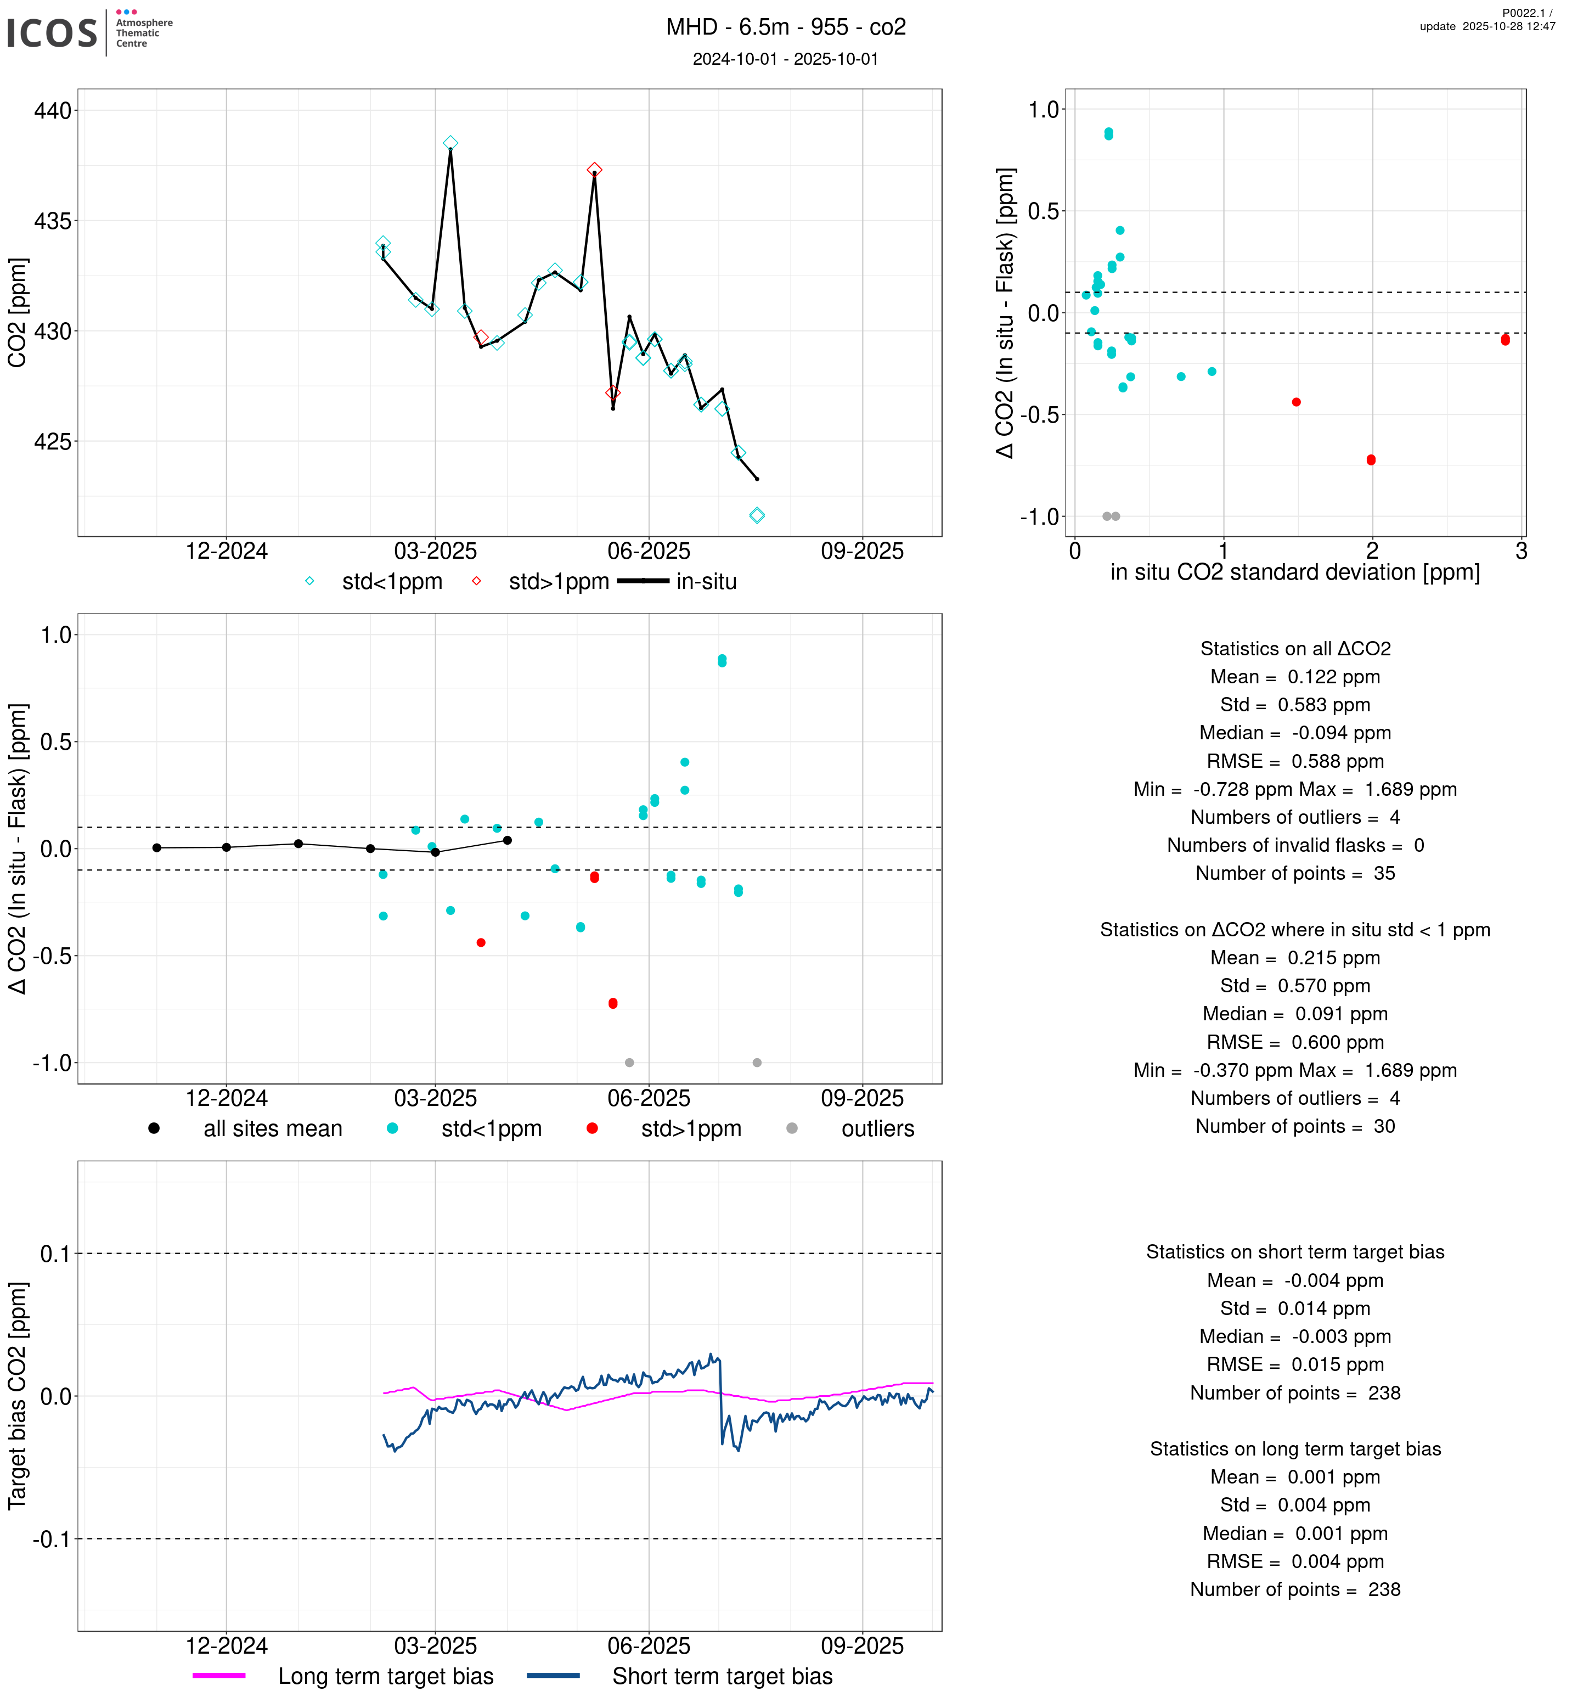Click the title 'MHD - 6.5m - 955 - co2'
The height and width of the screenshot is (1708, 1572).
785,27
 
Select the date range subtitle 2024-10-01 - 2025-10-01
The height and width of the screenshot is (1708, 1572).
785,59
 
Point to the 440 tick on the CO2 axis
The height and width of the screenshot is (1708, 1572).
53,111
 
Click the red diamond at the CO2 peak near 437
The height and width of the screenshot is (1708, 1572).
595,170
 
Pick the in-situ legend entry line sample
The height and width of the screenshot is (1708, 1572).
643,581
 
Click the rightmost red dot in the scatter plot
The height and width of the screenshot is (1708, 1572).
1505,340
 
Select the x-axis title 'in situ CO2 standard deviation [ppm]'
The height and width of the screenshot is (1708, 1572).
1295,572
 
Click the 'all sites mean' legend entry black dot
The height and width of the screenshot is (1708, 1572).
154,1128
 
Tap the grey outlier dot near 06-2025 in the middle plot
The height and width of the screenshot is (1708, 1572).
629,1063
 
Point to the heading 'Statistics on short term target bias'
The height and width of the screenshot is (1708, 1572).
1295,1252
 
